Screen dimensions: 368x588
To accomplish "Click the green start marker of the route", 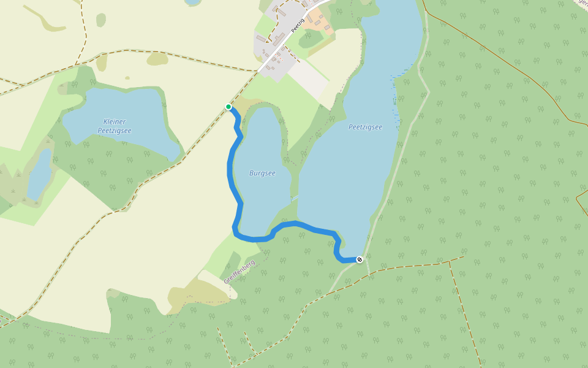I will click(228, 107).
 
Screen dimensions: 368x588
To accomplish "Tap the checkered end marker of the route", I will click(360, 259).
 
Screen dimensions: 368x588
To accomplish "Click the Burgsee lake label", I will click(262, 173).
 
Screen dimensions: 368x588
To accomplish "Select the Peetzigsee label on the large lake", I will click(365, 127).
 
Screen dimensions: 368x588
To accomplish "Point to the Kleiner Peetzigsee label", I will click(115, 126).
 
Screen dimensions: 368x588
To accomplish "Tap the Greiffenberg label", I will click(239, 270).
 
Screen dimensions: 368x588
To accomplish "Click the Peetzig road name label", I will click(298, 25).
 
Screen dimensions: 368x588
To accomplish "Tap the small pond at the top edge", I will click(193, 2).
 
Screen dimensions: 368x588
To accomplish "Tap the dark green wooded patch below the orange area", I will click(312, 40).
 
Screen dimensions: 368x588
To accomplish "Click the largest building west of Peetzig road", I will click(261, 39).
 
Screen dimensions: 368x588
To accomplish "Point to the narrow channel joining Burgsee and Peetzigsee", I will click(295, 198).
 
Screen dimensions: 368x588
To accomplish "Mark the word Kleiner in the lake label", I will click(115, 121).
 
